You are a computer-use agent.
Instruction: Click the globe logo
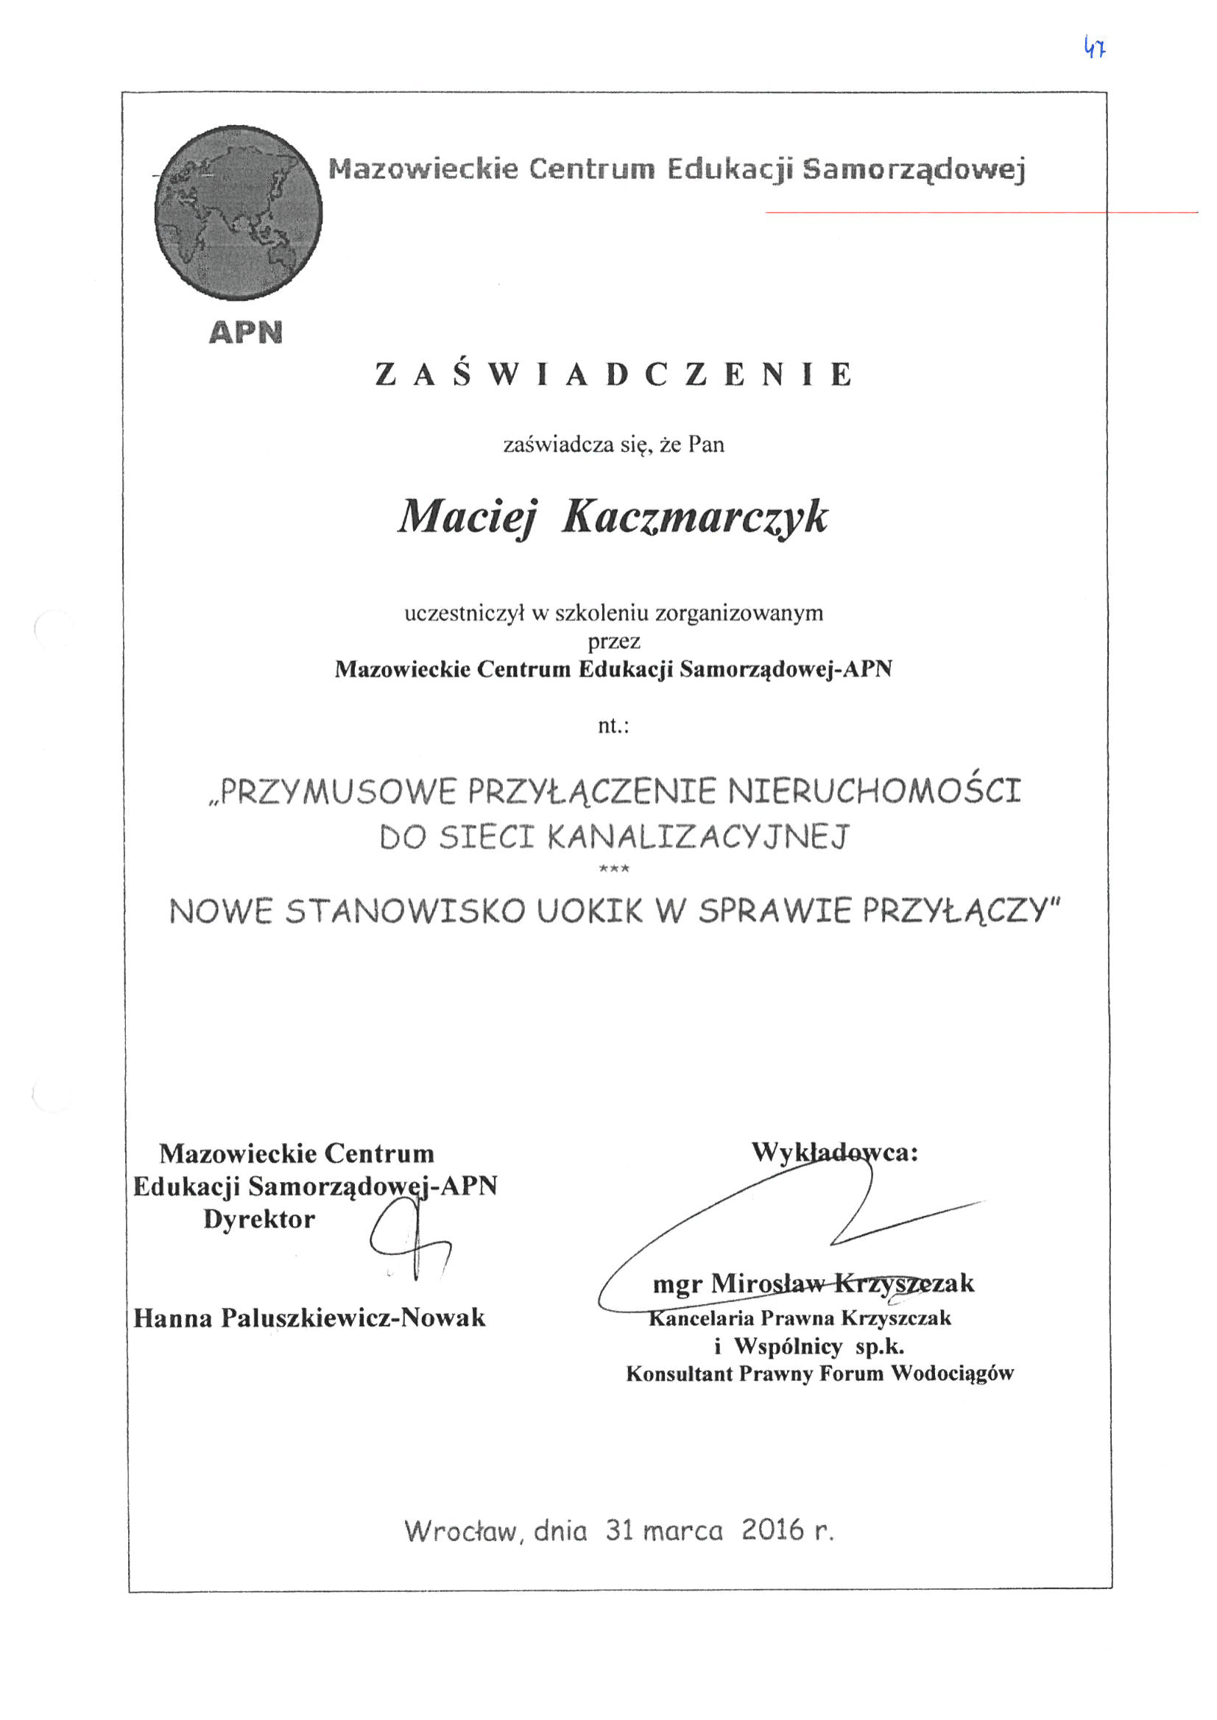click(239, 213)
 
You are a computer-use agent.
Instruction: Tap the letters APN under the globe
click(246, 332)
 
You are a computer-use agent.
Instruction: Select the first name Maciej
click(468, 517)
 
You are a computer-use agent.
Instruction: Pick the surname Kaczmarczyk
click(695, 517)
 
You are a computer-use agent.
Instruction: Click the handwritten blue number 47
click(1095, 49)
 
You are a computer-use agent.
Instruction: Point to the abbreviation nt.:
click(613, 725)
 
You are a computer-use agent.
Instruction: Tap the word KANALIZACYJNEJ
click(699, 837)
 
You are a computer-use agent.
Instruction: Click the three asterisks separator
click(615, 869)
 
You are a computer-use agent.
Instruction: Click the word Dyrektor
click(259, 1219)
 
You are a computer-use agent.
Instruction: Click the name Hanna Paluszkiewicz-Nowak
click(309, 1317)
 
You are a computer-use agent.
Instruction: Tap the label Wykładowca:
click(835, 1151)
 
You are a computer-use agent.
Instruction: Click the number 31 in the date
click(620, 1529)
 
